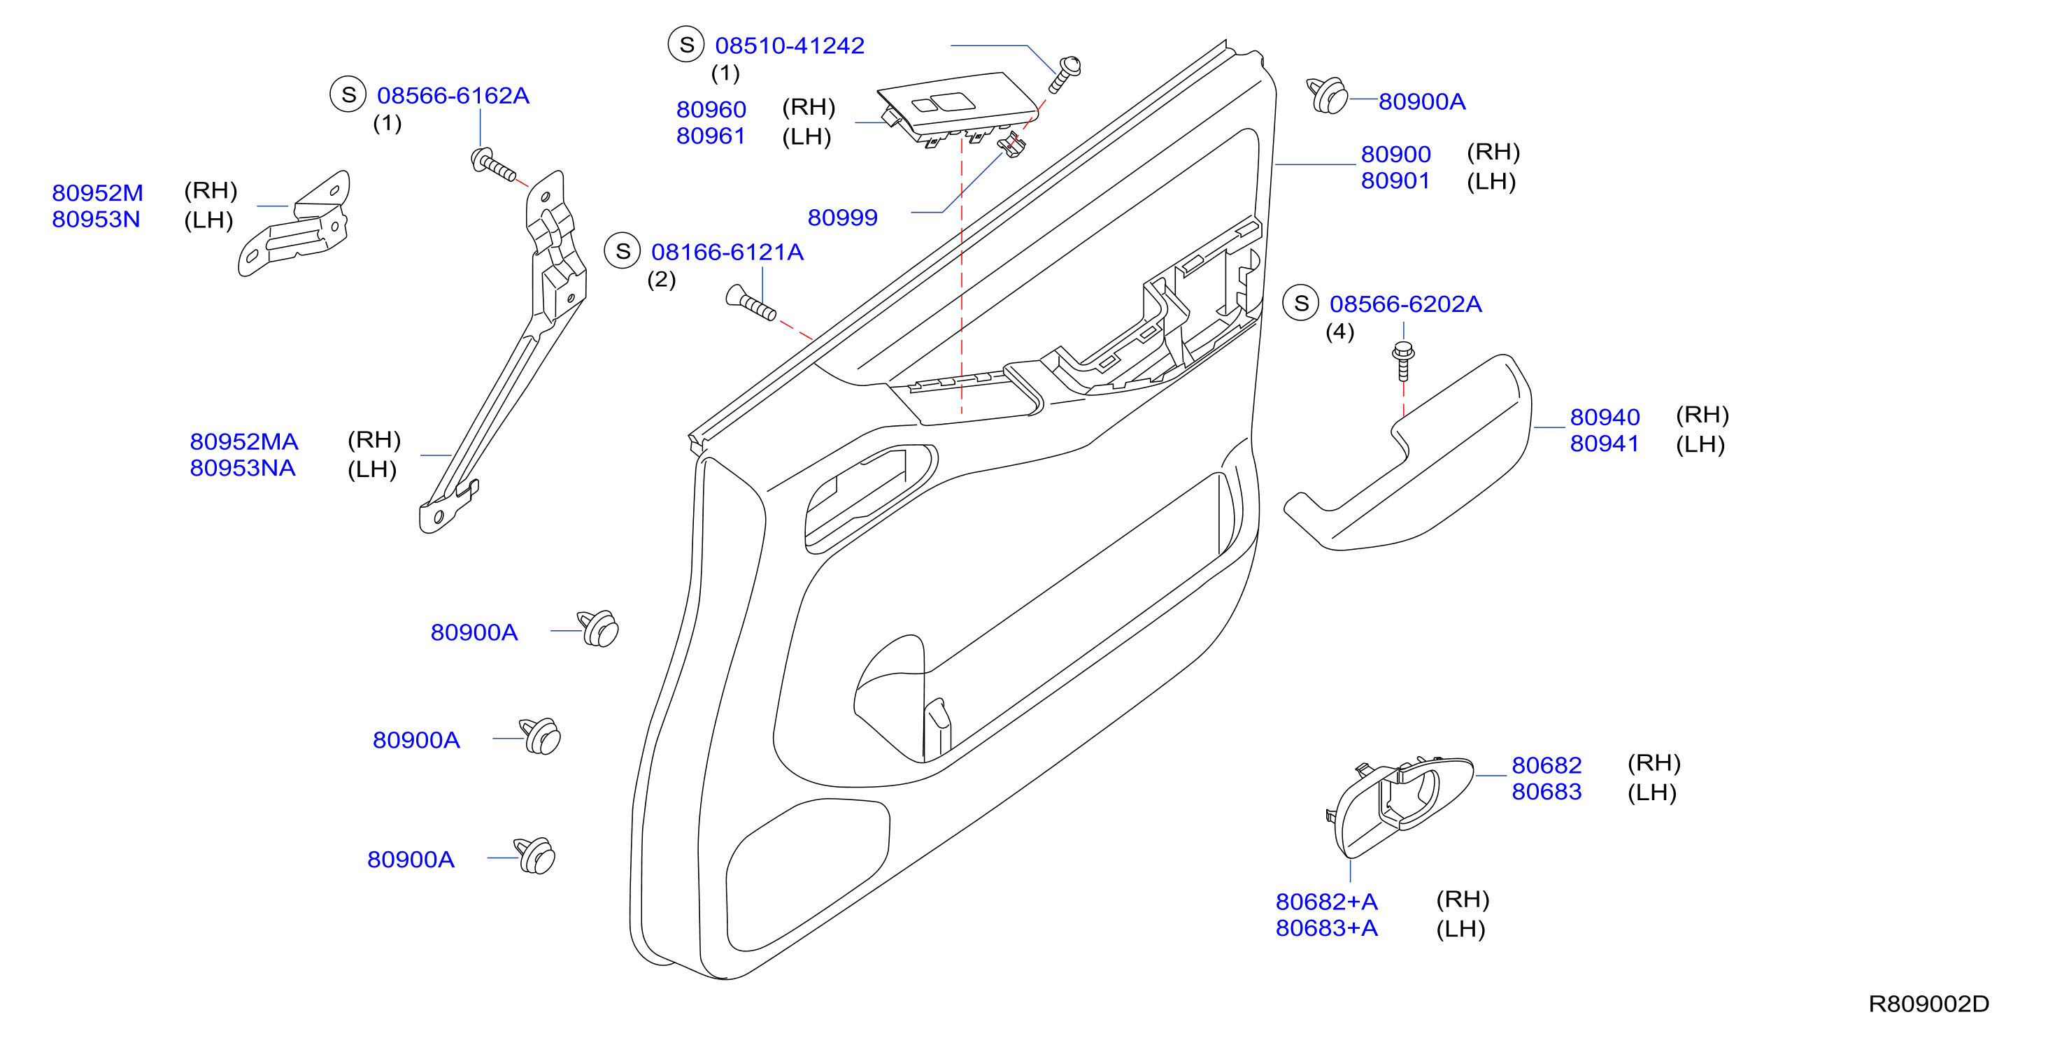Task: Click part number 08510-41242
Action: (789, 45)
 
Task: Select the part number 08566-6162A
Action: (453, 96)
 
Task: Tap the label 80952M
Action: (97, 193)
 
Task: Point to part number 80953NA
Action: (243, 469)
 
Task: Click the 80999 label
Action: (843, 218)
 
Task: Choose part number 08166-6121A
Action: (727, 253)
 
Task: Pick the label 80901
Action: (1395, 180)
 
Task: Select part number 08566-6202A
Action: (1406, 304)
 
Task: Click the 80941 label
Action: (1604, 443)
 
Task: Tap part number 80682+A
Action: (1327, 902)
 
